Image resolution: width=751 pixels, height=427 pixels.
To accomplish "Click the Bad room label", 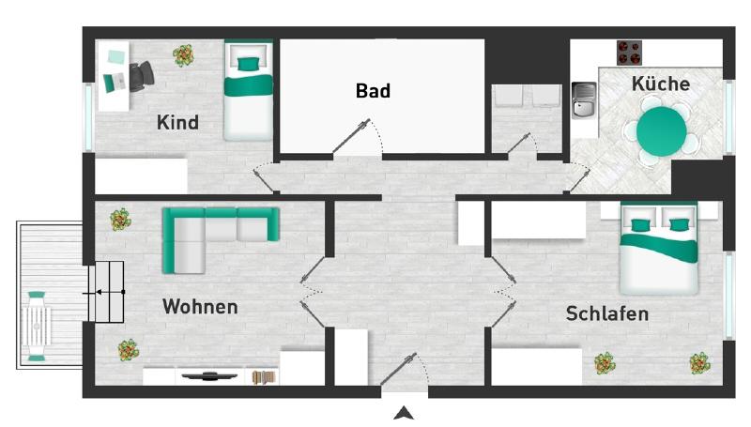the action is point(373,91).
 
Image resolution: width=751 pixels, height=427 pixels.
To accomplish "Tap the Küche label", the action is point(660,84).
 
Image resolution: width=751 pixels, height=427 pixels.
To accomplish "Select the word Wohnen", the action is point(200,307).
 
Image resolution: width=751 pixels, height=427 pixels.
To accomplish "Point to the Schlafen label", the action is point(606,313).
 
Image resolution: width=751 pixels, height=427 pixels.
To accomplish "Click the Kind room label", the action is point(177,122).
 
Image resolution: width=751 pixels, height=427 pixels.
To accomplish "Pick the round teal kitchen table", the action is point(662,131).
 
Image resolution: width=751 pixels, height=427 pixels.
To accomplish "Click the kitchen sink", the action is point(583,99).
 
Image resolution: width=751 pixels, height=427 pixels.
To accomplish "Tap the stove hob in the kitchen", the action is point(629,52).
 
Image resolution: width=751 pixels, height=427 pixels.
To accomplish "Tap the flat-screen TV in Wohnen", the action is point(209,376).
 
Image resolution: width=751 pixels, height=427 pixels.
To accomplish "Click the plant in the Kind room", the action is point(184,55).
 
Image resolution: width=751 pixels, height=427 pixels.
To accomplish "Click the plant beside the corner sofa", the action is point(120,221).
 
